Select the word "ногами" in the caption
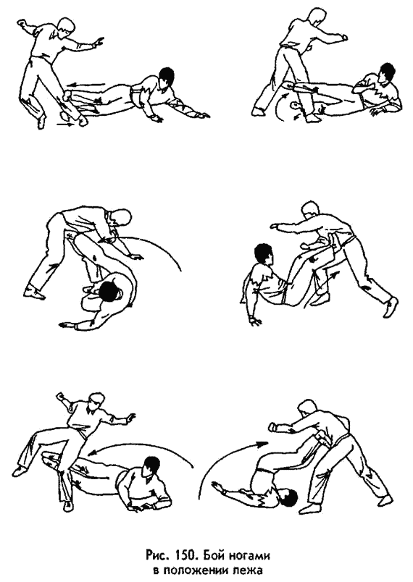click(x=247, y=557)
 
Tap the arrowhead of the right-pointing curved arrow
click(x=263, y=443)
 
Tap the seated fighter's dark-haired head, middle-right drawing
click(x=264, y=255)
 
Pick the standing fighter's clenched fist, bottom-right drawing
click(x=273, y=427)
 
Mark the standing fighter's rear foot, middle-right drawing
click(x=390, y=306)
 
